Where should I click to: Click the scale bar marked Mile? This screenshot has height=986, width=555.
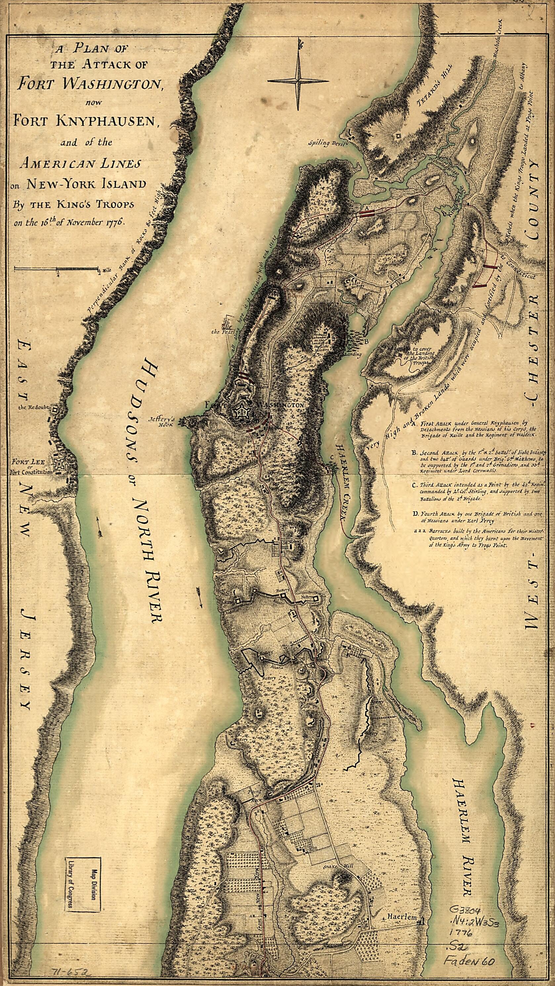[57, 269]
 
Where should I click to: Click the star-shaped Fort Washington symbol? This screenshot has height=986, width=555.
[242, 413]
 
